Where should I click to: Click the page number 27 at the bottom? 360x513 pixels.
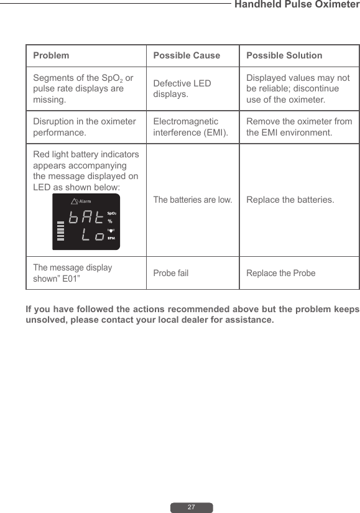click(x=192, y=507)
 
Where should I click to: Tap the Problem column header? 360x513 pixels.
click(x=51, y=55)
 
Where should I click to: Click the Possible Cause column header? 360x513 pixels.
click(x=187, y=55)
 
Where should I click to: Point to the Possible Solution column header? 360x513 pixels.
click(x=284, y=55)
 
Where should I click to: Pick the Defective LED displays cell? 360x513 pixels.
click(x=182, y=89)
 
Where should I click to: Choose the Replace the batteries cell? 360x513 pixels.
click(x=290, y=200)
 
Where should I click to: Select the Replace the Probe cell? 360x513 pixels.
click(x=281, y=273)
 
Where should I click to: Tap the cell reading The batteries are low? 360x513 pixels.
click(x=193, y=200)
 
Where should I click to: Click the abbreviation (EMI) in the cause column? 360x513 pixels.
click(x=215, y=132)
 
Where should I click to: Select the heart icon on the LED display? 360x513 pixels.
click(x=111, y=231)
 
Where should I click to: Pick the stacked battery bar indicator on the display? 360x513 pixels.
click(x=60, y=233)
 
